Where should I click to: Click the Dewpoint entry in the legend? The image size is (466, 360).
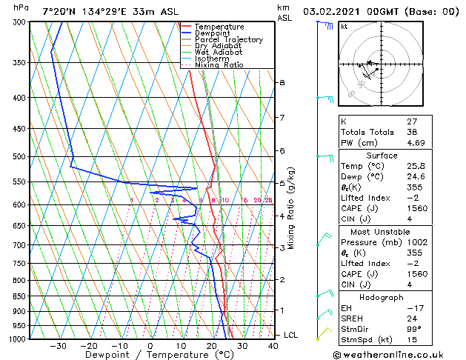[x=211, y=33]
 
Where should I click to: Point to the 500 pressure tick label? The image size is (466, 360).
[x=19, y=157]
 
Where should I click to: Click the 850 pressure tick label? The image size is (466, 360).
[x=19, y=296]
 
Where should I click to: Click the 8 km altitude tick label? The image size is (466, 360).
[x=282, y=82]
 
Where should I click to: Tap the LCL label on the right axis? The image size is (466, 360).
[x=290, y=336]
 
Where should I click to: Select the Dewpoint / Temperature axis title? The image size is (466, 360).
[x=149, y=355]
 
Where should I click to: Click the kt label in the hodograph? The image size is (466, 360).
[x=344, y=27]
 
